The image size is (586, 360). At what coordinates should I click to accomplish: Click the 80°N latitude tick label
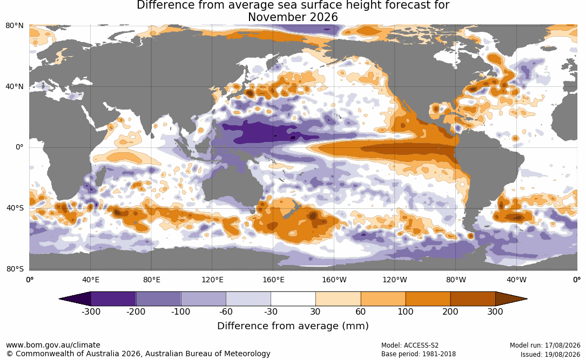click(x=14, y=25)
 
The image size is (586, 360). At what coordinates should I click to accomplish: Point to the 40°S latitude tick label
click(x=15, y=208)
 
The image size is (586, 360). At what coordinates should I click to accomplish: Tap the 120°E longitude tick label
click(x=212, y=280)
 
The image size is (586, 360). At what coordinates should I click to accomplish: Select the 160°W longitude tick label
click(x=334, y=280)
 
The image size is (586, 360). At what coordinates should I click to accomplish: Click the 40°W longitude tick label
click(x=516, y=280)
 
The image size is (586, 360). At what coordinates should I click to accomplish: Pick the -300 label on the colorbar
click(x=91, y=311)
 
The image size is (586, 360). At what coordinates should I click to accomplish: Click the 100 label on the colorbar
click(x=406, y=311)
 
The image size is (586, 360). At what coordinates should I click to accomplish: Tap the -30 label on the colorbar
click(x=271, y=311)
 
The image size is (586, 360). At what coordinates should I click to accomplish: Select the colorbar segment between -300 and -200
click(x=113, y=299)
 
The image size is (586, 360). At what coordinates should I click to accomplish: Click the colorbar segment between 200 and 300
click(x=473, y=299)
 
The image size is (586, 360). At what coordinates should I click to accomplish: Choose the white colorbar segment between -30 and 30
click(x=293, y=299)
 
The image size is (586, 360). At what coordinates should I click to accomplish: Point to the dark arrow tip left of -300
click(x=59, y=299)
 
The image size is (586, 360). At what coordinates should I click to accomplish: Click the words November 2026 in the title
click(x=293, y=17)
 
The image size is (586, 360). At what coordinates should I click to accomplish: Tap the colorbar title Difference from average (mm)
click(x=293, y=325)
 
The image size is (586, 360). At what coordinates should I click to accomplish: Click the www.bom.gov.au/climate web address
click(x=53, y=345)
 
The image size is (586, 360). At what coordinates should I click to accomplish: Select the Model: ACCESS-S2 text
click(x=410, y=345)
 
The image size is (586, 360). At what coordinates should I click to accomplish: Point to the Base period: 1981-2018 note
click(x=419, y=354)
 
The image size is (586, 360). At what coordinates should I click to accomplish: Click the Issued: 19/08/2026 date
click(x=550, y=354)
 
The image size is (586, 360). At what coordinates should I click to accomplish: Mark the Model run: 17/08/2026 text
click(x=545, y=345)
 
